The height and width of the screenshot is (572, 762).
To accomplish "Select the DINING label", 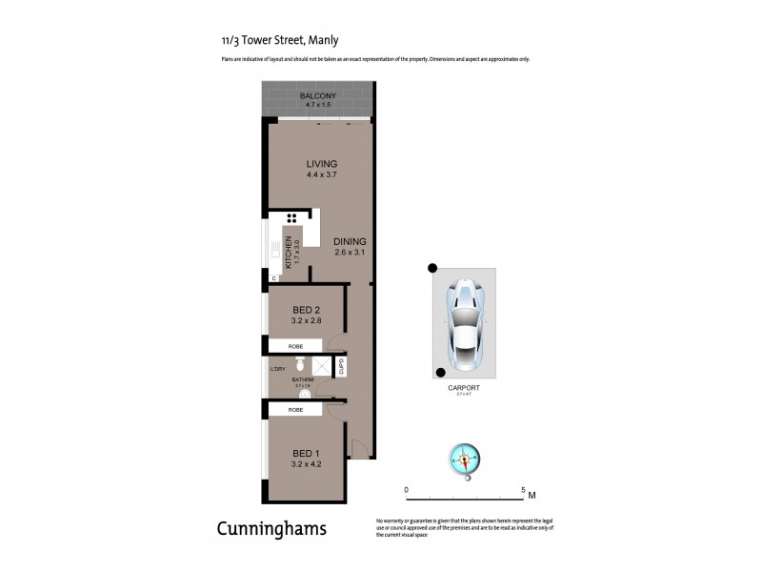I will [x=351, y=241].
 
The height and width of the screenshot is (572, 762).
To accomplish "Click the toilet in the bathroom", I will [x=299, y=364].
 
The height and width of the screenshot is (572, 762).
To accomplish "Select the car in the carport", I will [x=464, y=319].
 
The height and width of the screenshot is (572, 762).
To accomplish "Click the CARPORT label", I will [x=464, y=389].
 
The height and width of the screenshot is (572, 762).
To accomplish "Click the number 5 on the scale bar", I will [x=523, y=489].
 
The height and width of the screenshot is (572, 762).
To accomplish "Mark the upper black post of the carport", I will [x=431, y=268].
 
